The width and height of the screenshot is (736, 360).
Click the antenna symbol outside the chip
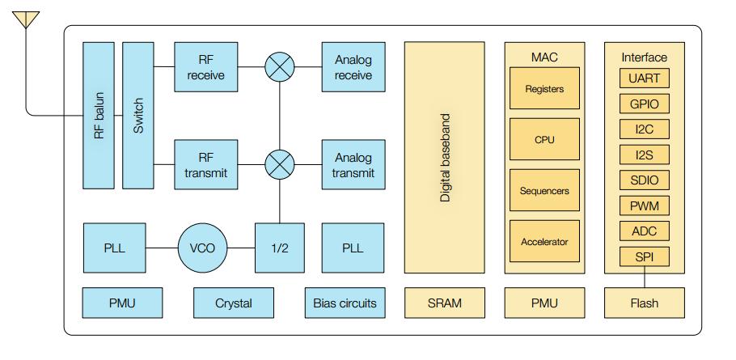tap(26, 18)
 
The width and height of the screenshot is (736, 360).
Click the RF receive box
tap(205, 67)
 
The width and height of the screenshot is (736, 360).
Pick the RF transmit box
tap(205, 164)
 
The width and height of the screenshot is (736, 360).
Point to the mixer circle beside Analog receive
tap(280, 67)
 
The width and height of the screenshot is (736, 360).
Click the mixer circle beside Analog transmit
tap(280, 164)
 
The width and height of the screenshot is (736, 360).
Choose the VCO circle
tap(203, 248)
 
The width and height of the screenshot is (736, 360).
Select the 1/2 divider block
tap(280, 248)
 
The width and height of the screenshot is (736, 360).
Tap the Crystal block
tap(233, 303)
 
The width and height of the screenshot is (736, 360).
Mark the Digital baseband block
tap(444, 158)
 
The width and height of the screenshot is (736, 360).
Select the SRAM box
tap(444, 303)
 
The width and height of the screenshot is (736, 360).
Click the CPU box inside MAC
tap(544, 139)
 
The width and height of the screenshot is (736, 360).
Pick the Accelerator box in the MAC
tap(544, 241)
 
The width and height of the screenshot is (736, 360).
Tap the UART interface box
tap(644, 78)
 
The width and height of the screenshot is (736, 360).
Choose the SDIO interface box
tap(644, 180)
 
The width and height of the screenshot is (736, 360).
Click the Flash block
tap(644, 303)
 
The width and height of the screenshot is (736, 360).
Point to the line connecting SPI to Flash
tap(644, 277)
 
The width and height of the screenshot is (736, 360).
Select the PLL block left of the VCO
tap(114, 248)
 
